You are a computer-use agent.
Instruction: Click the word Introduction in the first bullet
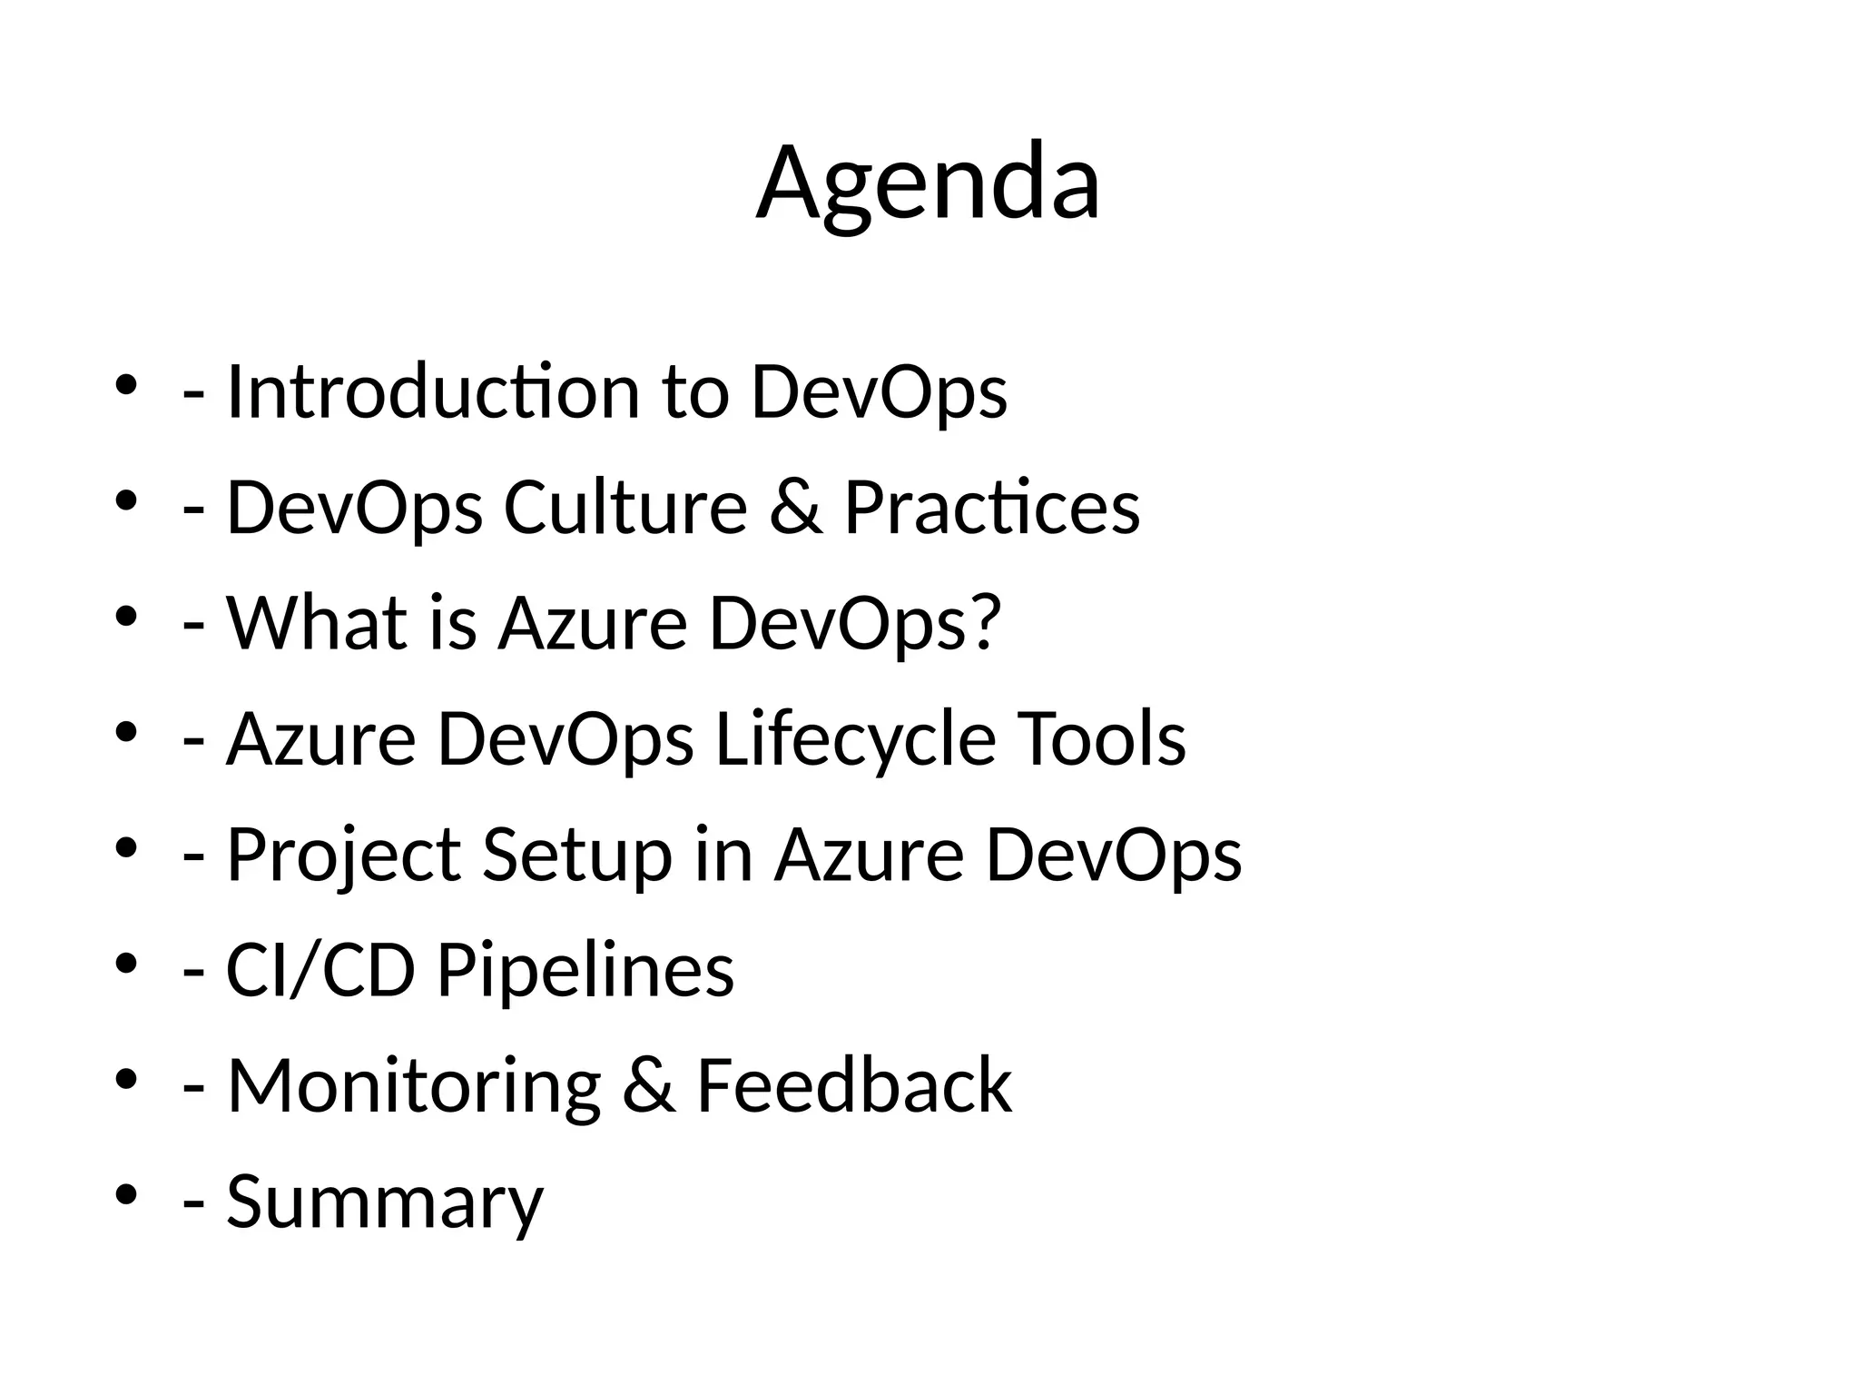tap(433, 393)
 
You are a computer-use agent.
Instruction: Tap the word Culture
tap(625, 509)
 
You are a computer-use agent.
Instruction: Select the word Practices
tap(991, 509)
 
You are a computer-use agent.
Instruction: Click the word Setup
tap(577, 856)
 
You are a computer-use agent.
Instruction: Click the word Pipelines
tap(585, 971)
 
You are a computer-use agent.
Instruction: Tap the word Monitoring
tap(414, 1086)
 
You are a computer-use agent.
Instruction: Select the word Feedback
tap(853, 1086)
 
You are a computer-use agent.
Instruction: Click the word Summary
tap(384, 1202)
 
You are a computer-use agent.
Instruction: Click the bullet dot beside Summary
tap(126, 1193)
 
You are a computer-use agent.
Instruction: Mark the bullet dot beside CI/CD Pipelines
tap(126, 962)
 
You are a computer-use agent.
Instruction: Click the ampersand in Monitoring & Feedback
tap(648, 1086)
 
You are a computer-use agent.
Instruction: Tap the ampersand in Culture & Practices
tap(796, 509)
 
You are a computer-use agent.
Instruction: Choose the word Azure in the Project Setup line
tap(869, 856)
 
